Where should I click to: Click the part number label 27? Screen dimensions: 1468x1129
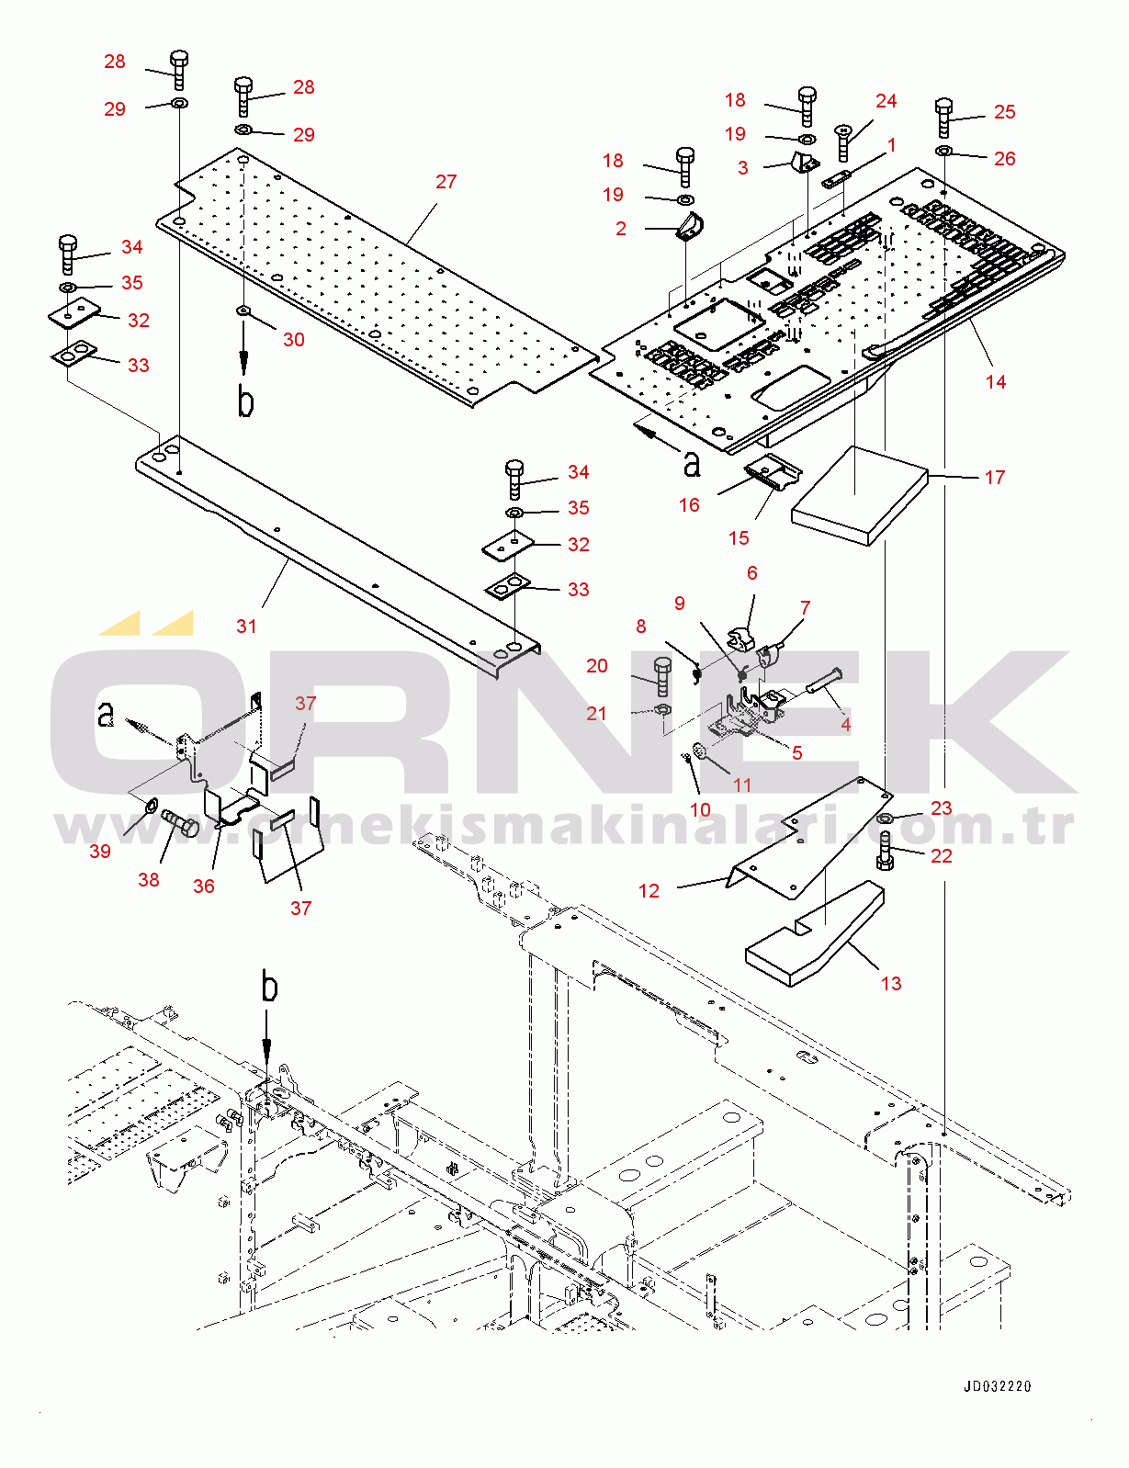click(446, 182)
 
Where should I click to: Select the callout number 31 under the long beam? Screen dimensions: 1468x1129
click(246, 627)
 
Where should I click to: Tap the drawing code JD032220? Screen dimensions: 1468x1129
click(997, 1386)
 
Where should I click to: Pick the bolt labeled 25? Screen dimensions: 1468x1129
click(944, 117)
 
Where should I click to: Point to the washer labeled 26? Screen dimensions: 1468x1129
click(944, 151)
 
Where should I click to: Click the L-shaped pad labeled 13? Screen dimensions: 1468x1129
click(816, 937)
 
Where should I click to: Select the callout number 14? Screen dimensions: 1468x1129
click(995, 382)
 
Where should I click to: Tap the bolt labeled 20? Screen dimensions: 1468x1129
click(662, 675)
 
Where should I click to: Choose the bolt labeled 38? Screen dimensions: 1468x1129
click(180, 822)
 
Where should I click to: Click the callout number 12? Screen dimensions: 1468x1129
click(649, 891)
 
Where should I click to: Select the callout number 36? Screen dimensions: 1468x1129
click(203, 886)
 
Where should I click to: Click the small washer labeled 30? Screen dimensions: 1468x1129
click(243, 311)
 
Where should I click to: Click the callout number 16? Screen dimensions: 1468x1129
click(689, 505)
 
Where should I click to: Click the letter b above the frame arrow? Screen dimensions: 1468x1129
click(268, 988)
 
